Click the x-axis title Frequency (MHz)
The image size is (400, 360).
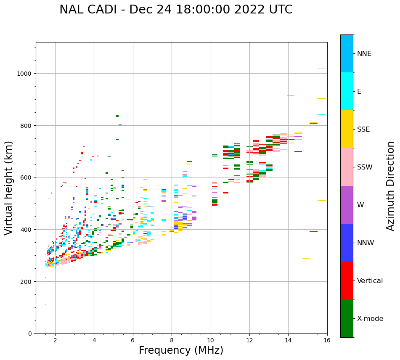point(181,350)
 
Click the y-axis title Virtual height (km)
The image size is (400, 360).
point(9,188)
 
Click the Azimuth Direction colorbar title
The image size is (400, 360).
point(391,186)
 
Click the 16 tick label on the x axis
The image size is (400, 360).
point(327,341)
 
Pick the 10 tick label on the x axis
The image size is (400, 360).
point(210,341)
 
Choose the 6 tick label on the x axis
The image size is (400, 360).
point(133,341)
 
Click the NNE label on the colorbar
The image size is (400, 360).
point(364,53)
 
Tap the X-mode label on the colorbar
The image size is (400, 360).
point(370,318)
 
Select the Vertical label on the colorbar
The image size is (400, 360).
point(370,281)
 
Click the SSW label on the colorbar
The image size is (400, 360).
point(365,167)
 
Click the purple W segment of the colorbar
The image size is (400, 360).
point(347,205)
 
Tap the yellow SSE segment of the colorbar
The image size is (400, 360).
point(347,129)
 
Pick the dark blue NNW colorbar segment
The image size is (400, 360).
point(347,243)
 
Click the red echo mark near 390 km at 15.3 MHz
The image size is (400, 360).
point(313,232)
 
